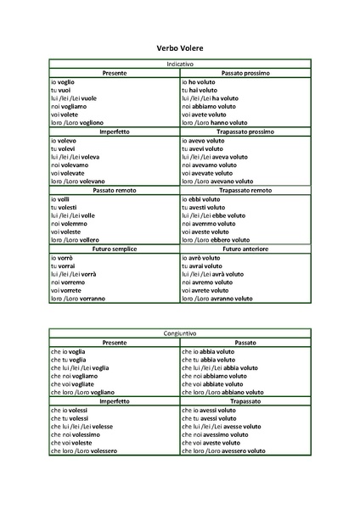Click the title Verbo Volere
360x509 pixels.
(x=180, y=49)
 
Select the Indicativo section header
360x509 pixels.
(x=180, y=64)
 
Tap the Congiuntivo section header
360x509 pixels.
(x=180, y=333)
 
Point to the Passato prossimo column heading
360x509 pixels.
(x=245, y=73)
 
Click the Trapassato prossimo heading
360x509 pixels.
(x=245, y=131)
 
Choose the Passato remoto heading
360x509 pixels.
(x=115, y=190)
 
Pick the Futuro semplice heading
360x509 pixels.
(x=115, y=249)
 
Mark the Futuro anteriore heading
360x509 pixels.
(x=245, y=249)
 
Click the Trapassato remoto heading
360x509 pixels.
(x=245, y=190)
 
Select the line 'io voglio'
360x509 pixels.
(x=64, y=81)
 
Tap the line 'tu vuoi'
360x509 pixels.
(x=60, y=90)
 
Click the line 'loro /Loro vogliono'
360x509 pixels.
(x=77, y=123)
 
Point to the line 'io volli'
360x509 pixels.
(x=60, y=199)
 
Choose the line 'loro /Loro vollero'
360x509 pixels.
(x=76, y=240)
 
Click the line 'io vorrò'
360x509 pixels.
(x=62, y=257)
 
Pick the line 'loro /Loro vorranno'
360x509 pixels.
(x=78, y=299)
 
